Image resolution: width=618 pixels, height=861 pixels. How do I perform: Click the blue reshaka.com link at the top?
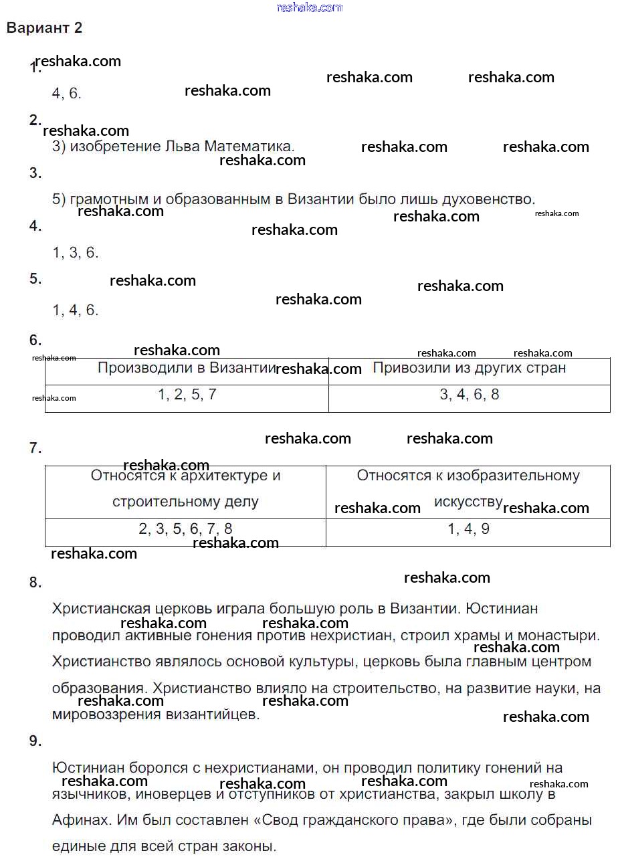pos(309,7)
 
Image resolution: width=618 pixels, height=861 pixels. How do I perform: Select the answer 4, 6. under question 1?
pos(66,94)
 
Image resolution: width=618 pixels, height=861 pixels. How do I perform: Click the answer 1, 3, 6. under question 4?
pos(75,253)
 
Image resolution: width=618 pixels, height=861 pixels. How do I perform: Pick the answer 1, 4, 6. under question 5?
pos(75,310)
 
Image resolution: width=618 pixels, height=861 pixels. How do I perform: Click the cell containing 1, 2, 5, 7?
pos(187,395)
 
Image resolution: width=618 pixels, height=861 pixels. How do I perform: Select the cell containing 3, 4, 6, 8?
pos(469,395)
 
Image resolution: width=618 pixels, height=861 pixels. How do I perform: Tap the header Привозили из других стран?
pos(469,368)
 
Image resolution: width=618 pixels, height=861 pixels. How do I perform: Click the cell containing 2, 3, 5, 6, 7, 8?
pos(185,529)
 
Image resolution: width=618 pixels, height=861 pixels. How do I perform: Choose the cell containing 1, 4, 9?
pos(468,529)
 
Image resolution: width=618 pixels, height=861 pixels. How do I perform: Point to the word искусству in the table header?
pos(468,502)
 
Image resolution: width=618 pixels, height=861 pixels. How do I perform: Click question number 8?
pos(35,583)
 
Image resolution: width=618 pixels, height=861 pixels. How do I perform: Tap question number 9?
pos(35,741)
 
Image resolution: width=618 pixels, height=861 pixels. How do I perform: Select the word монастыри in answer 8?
pos(564,635)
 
